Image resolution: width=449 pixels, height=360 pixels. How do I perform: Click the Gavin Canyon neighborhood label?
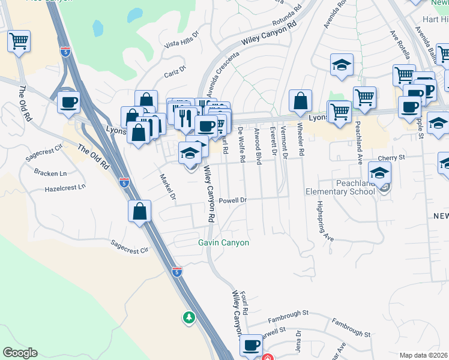(x=224, y=242)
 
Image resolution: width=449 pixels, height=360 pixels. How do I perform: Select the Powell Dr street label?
(x=233, y=200)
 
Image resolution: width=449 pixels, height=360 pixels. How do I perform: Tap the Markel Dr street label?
(x=167, y=187)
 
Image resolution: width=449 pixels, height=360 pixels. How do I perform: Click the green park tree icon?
(x=189, y=316)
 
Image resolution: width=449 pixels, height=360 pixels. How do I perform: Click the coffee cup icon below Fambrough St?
(x=252, y=345)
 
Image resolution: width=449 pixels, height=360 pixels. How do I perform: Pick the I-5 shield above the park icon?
(x=176, y=272)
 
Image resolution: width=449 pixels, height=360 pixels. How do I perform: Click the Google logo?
(x=20, y=353)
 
